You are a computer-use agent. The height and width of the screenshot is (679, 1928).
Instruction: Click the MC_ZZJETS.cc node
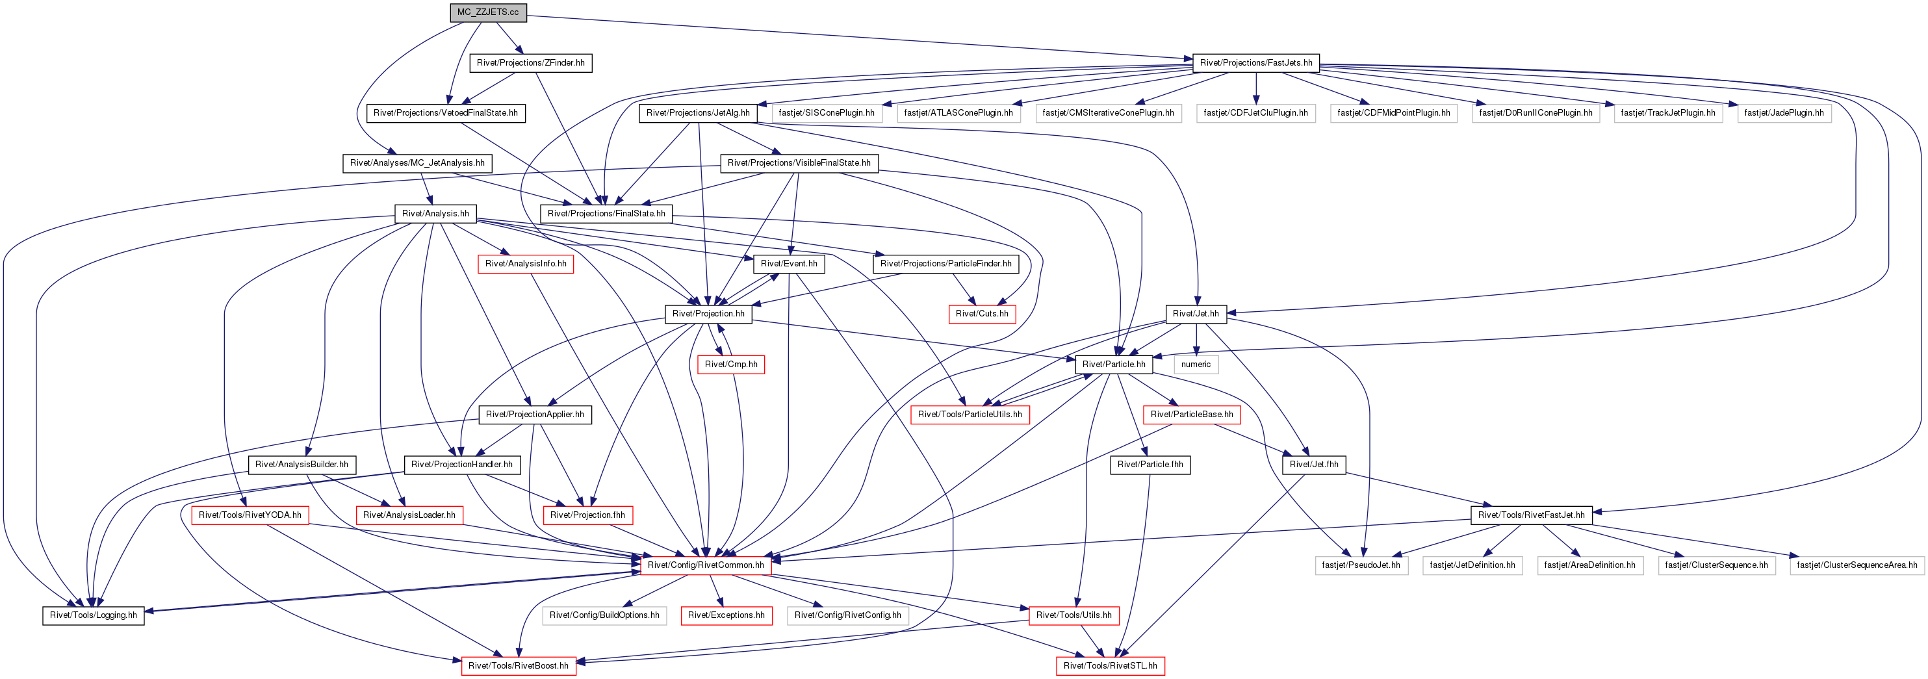point(488,12)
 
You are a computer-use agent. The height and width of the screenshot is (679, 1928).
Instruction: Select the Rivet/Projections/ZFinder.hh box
point(531,63)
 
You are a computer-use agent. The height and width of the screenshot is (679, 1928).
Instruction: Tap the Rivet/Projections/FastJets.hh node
point(1256,63)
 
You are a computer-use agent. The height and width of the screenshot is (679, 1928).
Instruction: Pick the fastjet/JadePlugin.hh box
point(1784,113)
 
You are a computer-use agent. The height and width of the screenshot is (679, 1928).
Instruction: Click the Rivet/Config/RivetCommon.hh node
point(706,565)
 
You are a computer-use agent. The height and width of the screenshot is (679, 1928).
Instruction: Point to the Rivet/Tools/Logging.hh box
point(94,615)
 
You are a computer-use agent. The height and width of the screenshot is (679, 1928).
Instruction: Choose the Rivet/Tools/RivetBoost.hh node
point(518,665)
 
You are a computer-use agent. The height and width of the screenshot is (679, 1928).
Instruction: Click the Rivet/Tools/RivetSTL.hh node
point(1110,665)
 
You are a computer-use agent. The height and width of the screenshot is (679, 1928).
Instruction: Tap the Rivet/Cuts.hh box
point(982,314)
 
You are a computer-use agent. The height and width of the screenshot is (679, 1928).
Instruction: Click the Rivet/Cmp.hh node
point(731,365)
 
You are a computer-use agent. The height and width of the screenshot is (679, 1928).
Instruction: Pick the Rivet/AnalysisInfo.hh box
point(526,264)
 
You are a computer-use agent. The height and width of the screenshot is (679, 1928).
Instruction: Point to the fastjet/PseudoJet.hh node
point(1361,565)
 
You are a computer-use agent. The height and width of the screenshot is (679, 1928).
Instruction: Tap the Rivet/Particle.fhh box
point(1150,465)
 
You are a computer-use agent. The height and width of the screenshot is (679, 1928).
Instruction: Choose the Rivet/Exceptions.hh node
point(726,615)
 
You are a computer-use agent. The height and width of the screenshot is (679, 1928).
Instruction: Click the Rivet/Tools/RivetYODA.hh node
point(250,515)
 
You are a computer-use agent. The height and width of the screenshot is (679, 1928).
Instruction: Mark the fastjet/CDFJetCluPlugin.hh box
point(1256,113)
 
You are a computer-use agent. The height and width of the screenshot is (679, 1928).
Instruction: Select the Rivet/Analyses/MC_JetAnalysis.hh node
point(417,163)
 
